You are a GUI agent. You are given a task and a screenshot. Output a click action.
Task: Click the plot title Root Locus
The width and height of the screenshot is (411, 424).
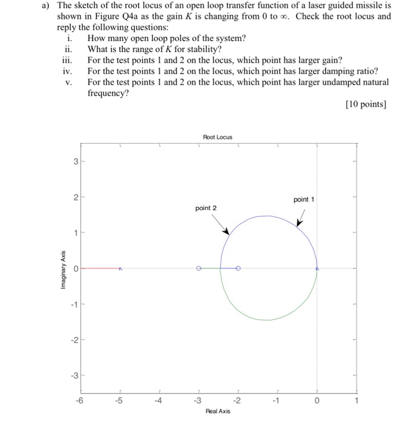click(217, 137)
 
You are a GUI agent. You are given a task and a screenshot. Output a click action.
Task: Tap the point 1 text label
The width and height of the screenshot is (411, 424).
click(303, 199)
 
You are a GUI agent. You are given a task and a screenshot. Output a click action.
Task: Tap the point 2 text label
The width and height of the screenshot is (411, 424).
click(206, 208)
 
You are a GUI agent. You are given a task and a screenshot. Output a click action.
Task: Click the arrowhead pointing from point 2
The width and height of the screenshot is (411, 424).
click(226, 232)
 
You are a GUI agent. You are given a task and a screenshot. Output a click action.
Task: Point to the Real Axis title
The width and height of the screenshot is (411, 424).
click(217, 411)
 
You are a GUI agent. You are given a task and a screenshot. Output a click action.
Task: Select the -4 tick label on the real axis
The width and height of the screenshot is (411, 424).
click(159, 400)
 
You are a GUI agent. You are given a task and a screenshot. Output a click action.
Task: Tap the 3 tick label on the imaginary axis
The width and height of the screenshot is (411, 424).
click(75, 162)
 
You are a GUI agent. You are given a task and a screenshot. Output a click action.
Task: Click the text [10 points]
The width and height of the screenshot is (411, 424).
click(365, 105)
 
